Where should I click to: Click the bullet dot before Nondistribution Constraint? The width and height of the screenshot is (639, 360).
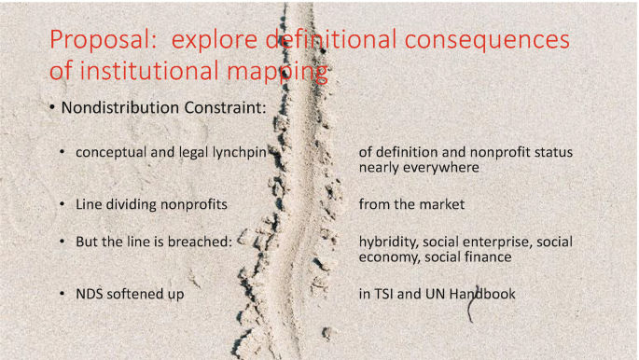tap(52, 109)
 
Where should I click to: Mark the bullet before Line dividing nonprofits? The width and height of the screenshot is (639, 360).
tap(63, 202)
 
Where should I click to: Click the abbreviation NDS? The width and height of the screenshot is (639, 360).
tap(91, 294)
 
